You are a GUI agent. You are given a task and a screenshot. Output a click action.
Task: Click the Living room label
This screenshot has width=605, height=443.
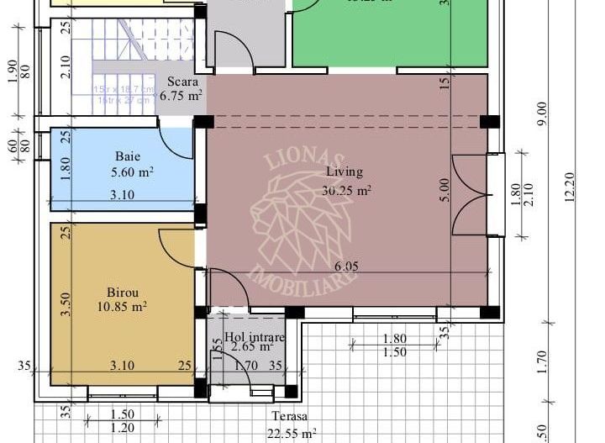345,171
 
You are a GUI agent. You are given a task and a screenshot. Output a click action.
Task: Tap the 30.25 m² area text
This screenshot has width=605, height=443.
346,190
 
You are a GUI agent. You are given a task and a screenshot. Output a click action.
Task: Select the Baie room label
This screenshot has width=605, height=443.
127,156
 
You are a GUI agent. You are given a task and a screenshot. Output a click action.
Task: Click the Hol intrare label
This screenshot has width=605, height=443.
255,337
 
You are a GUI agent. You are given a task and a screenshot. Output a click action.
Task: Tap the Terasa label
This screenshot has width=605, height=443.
289,417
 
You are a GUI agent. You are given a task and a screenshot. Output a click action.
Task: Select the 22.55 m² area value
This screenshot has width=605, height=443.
291,433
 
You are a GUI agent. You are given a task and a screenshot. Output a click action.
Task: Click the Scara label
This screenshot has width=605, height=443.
182,82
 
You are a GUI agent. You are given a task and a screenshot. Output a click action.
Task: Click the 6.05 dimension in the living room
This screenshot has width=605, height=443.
346,266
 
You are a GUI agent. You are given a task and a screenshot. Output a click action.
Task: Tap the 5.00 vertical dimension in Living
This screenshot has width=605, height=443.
445,189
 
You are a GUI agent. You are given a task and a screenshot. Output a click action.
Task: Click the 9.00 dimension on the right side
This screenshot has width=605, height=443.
542,111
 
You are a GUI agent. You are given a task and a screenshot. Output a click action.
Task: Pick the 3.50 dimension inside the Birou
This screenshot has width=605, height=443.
65,303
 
